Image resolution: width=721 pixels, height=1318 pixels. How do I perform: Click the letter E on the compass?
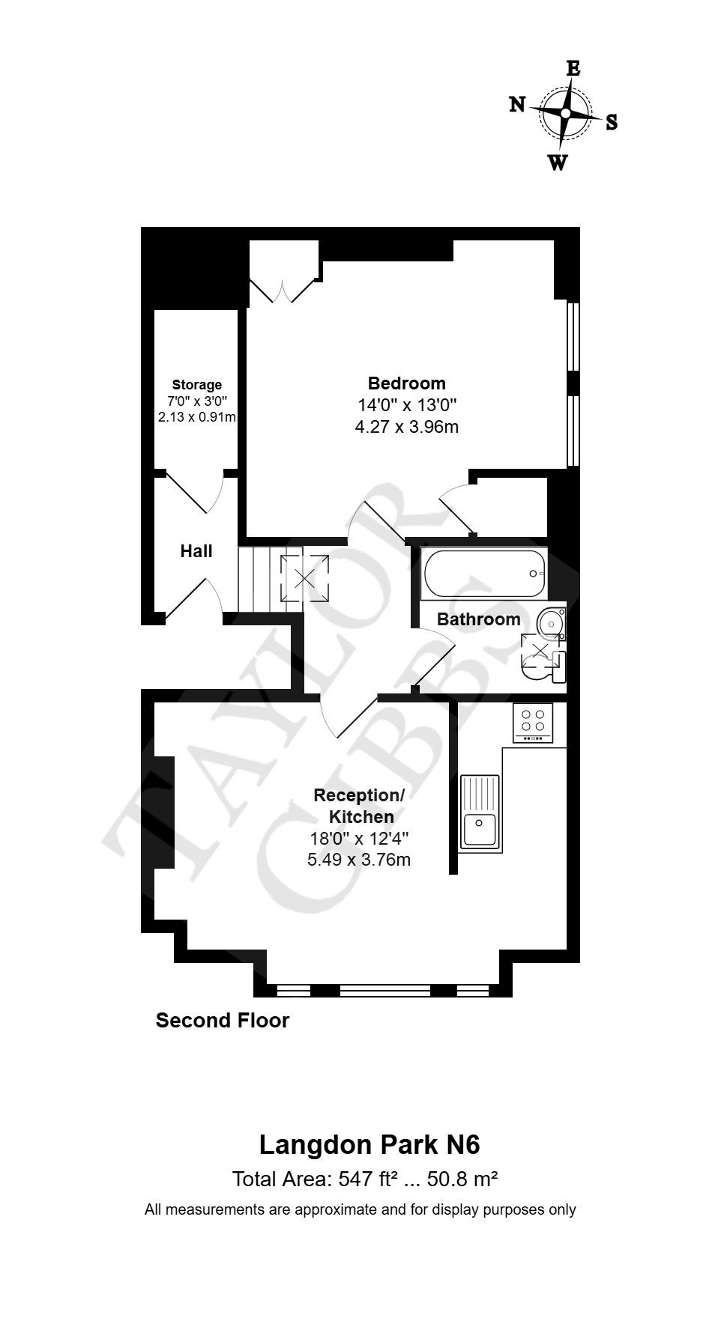[573, 69]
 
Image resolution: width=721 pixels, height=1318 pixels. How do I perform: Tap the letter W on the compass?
[557, 163]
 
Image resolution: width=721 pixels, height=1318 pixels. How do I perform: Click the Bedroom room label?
[406, 383]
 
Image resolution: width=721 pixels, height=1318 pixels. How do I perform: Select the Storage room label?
[197, 385]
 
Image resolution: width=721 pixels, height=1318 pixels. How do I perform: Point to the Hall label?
[196, 551]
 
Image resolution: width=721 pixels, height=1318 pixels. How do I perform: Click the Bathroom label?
[478, 619]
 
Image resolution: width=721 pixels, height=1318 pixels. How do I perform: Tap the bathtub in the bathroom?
[484, 574]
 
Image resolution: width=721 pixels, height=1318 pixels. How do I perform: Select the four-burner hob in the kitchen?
[533, 722]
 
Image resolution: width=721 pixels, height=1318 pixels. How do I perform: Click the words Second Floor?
[222, 1020]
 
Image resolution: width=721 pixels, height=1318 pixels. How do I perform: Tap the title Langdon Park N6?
[369, 1144]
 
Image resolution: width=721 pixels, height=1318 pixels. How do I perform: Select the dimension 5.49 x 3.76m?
[359, 860]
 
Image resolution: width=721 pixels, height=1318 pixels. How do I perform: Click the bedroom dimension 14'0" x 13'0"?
[406, 405]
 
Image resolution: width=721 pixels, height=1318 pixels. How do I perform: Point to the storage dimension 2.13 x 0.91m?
[197, 416]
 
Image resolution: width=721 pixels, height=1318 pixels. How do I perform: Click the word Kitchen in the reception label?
[361, 816]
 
